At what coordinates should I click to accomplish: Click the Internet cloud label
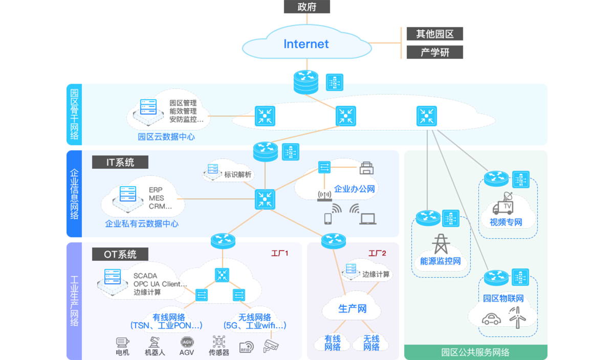[306, 44]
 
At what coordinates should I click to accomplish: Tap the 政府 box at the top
[306, 7]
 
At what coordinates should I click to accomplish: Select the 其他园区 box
[434, 34]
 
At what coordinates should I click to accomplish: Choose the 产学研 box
[434, 52]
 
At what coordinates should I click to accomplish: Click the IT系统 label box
[120, 163]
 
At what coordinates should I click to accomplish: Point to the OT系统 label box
[120, 254]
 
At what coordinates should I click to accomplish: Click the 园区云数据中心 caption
[166, 137]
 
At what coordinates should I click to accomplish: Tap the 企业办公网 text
[354, 189]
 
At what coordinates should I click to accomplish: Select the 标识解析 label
[238, 174]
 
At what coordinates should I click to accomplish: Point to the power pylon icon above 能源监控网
[440, 244]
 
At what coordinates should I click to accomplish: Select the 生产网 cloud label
[353, 309]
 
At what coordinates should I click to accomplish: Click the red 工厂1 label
[280, 253]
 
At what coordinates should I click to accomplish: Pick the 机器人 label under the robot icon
[154, 352]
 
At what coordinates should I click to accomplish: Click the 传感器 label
[218, 352]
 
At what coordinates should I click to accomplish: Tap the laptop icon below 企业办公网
[367, 218]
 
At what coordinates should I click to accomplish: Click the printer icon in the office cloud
[367, 168]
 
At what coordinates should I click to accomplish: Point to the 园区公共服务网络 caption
[475, 352]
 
